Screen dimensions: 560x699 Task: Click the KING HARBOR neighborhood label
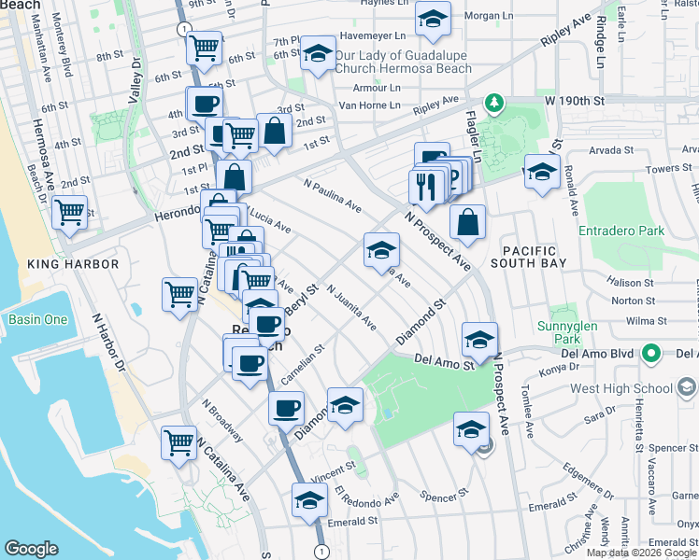(74, 264)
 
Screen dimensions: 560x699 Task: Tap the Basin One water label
(37, 319)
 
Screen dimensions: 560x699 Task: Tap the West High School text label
(618, 387)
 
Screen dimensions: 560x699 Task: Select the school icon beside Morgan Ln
(433, 20)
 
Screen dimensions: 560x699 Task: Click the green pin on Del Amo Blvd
(652, 354)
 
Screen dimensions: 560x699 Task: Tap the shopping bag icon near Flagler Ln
(467, 223)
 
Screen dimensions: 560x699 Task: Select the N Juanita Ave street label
(350, 309)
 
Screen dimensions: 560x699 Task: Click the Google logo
(31, 549)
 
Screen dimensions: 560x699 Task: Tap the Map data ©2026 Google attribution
(642, 553)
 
